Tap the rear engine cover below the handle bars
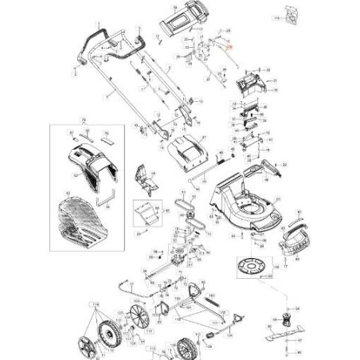coord(188,149)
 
